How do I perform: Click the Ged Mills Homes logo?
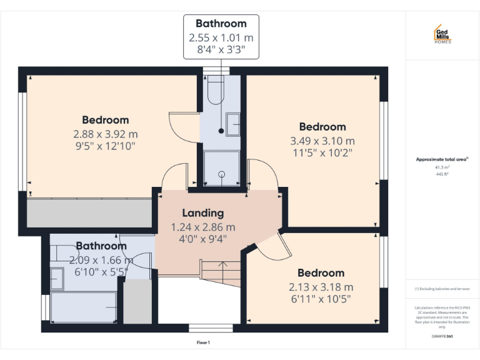click(442, 34)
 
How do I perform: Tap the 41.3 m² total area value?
click(442, 167)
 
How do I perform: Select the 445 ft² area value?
click(442, 174)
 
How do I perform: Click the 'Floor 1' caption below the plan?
click(203, 342)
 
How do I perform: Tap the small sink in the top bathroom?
click(232, 123)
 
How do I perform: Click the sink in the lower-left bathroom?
click(57, 278)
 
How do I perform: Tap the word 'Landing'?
click(202, 213)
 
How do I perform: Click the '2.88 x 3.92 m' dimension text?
click(105, 134)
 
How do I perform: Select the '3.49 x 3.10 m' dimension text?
click(322, 141)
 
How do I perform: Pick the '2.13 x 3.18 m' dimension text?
click(321, 287)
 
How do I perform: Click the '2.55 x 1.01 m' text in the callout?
click(221, 38)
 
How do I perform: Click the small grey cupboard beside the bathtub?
click(137, 301)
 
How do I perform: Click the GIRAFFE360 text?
click(442, 336)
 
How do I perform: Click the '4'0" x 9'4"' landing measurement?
click(202, 238)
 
